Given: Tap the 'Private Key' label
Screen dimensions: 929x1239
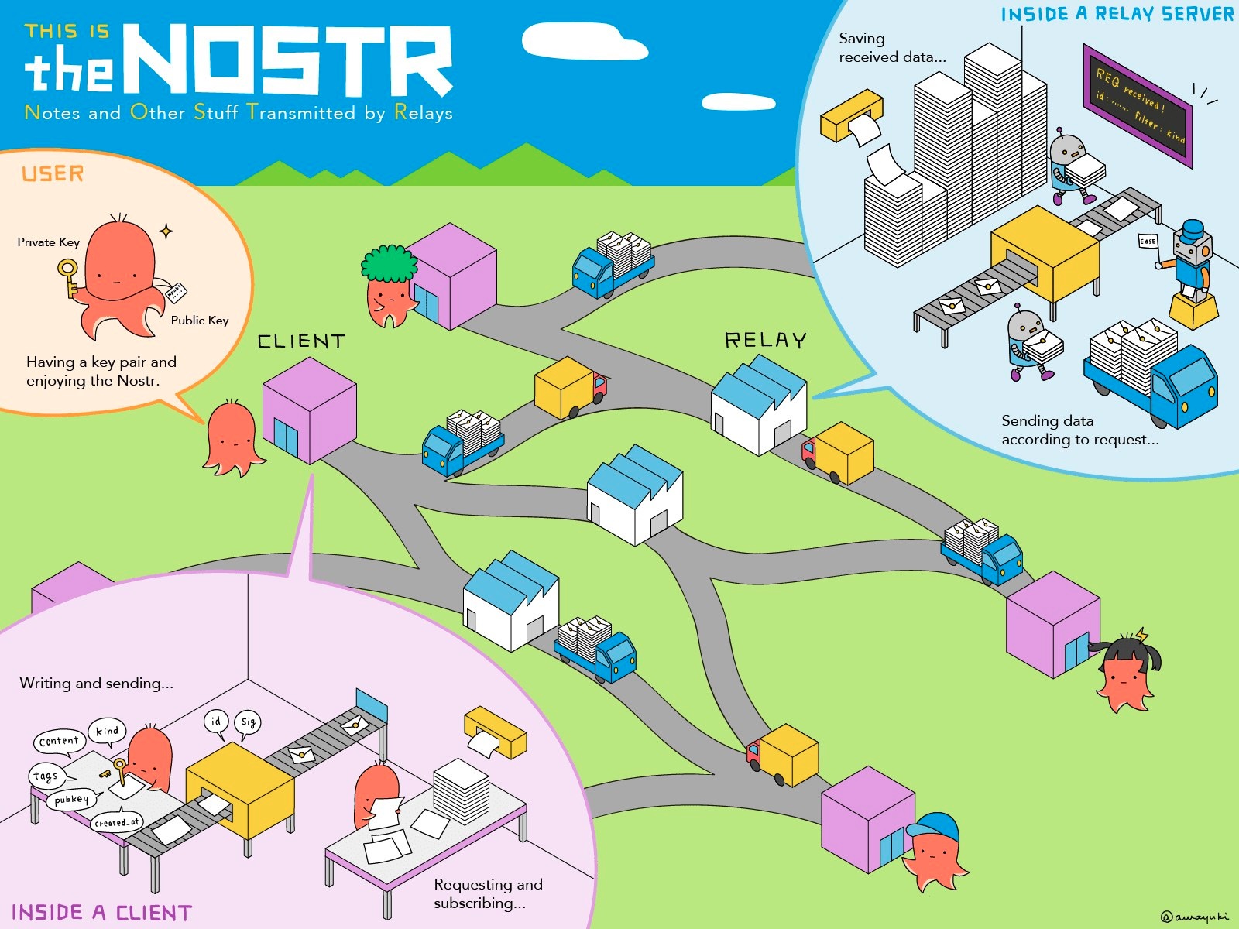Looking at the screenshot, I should click(48, 242).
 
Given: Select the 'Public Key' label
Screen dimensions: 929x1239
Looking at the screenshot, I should click(200, 321).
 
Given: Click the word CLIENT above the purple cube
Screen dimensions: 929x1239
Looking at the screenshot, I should click(301, 341).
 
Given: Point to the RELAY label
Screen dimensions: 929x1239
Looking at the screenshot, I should click(765, 341).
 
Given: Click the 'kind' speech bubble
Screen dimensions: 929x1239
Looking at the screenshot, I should click(107, 731).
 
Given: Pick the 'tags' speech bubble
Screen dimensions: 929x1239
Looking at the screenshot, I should click(46, 775).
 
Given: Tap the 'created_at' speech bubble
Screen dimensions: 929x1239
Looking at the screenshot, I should click(116, 822).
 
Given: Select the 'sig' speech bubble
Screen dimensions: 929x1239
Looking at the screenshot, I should click(248, 722).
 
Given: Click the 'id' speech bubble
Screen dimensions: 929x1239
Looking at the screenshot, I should click(215, 722).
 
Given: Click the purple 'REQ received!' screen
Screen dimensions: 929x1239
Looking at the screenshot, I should click(1138, 105).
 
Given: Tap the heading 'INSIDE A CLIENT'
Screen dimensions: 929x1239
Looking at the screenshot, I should click(101, 913).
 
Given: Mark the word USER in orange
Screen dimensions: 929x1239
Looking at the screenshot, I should click(53, 173).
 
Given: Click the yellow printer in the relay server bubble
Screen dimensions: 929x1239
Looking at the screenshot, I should click(852, 116).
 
